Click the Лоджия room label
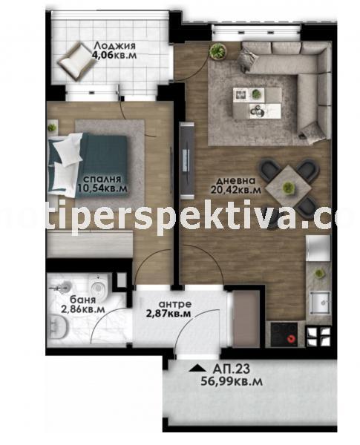[114, 45]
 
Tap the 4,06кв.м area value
[114, 55]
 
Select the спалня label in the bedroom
[102, 179]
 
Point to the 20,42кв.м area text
[236, 189]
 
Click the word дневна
[235, 180]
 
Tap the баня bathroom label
[82, 300]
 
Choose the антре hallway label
[175, 304]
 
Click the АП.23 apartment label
[232, 369]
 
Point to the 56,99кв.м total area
[232, 381]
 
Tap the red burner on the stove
[291, 339]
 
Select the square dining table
[289, 187]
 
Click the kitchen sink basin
[320, 303]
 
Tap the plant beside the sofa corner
[217, 51]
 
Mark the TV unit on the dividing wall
[187, 161]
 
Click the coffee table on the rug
[257, 102]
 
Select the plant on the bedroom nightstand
[52, 127]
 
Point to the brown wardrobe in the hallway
[246, 318]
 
